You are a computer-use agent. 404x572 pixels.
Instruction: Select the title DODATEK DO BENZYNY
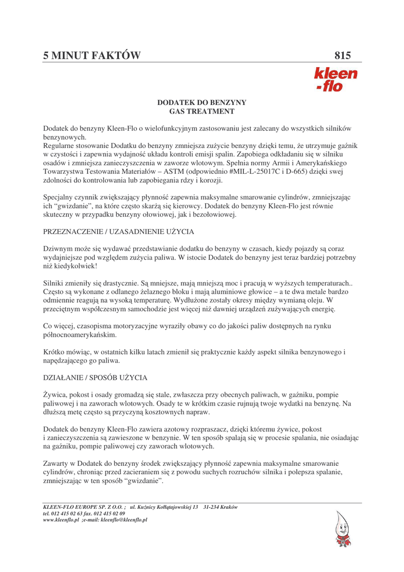[x=201, y=103]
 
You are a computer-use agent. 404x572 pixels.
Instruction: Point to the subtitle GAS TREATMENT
[x=201, y=112]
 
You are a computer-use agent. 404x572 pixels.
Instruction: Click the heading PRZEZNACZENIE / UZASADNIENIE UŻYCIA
[x=119, y=231]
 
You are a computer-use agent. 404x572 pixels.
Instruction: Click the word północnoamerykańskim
[x=80, y=335]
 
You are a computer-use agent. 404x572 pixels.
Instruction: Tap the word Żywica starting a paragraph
[x=55, y=394]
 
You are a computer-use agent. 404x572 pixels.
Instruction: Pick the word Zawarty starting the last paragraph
[x=56, y=464]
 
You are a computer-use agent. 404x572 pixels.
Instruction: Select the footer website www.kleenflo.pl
[x=60, y=519]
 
